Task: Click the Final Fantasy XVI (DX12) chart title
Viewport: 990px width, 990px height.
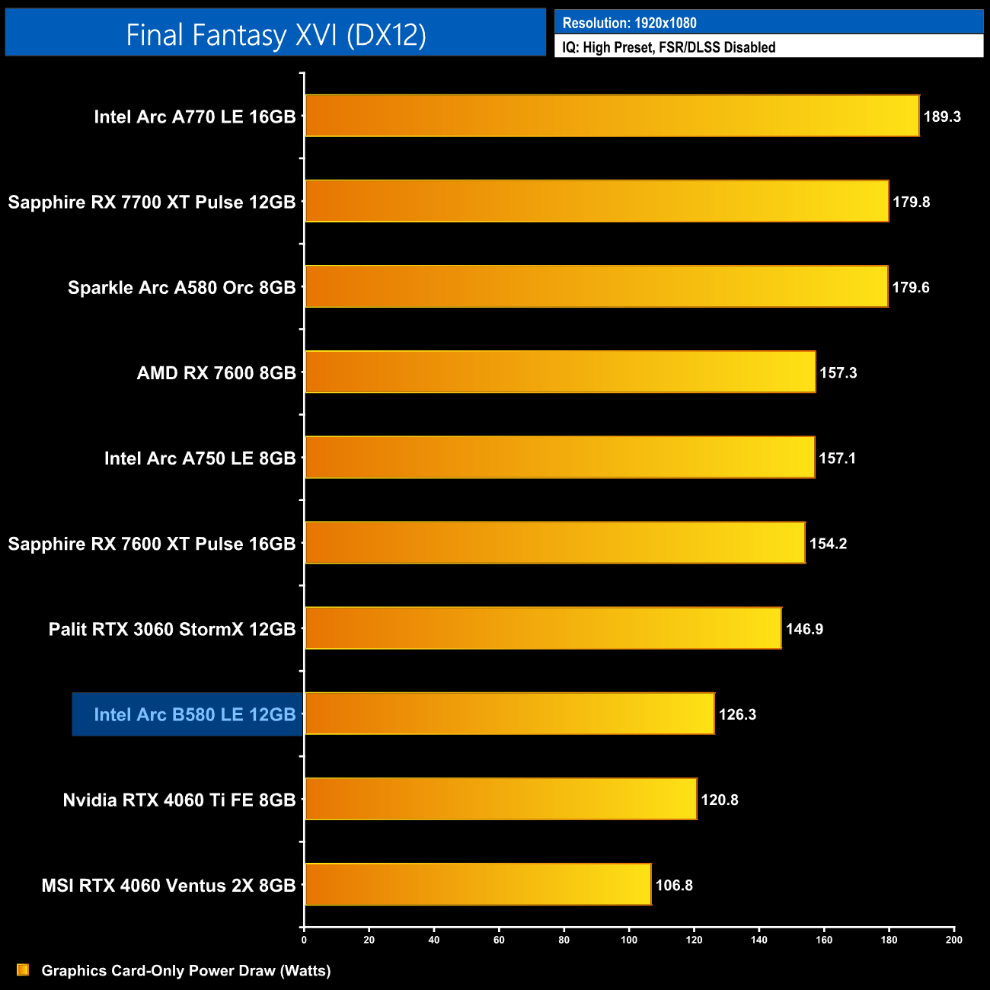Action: [x=275, y=34]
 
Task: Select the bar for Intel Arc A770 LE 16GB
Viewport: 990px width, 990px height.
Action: [x=612, y=116]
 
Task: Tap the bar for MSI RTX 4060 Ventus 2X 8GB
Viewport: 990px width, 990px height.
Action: [x=477, y=884]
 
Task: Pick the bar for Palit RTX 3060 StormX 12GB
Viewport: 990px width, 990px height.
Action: [x=543, y=628]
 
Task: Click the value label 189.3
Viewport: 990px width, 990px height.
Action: [x=942, y=117]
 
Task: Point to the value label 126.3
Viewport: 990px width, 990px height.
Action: [x=737, y=714]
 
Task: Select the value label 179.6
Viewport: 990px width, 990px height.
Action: [x=911, y=287]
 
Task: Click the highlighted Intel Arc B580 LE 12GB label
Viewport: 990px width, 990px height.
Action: [x=194, y=714]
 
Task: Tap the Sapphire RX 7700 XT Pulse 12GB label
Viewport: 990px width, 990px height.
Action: [x=152, y=202]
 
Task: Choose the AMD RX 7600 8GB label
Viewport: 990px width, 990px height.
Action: [x=216, y=372]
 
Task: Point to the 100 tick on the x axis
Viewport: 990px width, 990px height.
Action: [x=629, y=940]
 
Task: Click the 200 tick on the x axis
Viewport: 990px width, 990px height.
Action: [x=953, y=940]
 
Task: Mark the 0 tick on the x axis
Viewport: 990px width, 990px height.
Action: [x=304, y=940]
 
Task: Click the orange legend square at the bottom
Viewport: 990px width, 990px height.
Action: [x=23, y=969]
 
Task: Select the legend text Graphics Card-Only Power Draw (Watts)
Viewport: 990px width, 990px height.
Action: [x=186, y=970]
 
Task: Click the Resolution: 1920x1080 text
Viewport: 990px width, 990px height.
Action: [x=629, y=23]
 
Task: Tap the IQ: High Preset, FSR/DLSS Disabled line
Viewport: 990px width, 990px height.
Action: [x=669, y=47]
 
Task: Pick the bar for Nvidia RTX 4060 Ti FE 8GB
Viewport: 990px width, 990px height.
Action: [x=500, y=799]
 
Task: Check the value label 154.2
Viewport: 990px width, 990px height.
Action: [x=828, y=544]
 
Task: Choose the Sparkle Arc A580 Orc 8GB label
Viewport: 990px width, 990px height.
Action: [x=181, y=287]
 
